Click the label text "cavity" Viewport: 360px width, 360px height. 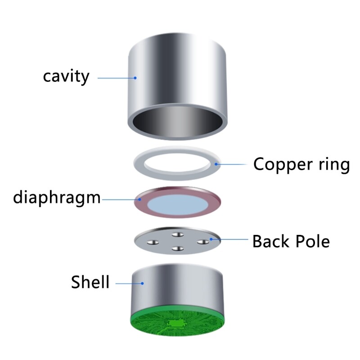[66, 76]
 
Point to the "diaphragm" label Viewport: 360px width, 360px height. [57, 197]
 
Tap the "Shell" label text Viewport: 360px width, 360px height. [90, 282]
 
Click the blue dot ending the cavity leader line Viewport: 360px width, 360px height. [135, 77]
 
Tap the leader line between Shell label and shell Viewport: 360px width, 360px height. [128, 283]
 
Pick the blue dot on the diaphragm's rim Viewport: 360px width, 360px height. [140, 198]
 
